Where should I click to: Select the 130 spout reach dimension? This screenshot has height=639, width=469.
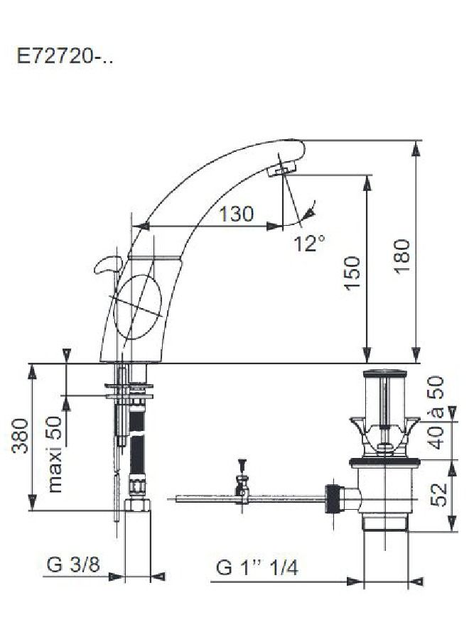[236, 214]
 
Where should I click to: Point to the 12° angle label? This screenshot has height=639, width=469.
[311, 244]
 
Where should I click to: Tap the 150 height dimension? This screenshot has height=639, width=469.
[353, 273]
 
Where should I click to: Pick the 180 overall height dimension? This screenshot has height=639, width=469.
[401, 256]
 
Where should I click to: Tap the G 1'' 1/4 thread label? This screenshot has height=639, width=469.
[257, 567]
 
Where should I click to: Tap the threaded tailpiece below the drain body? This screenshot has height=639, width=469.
[384, 523]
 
